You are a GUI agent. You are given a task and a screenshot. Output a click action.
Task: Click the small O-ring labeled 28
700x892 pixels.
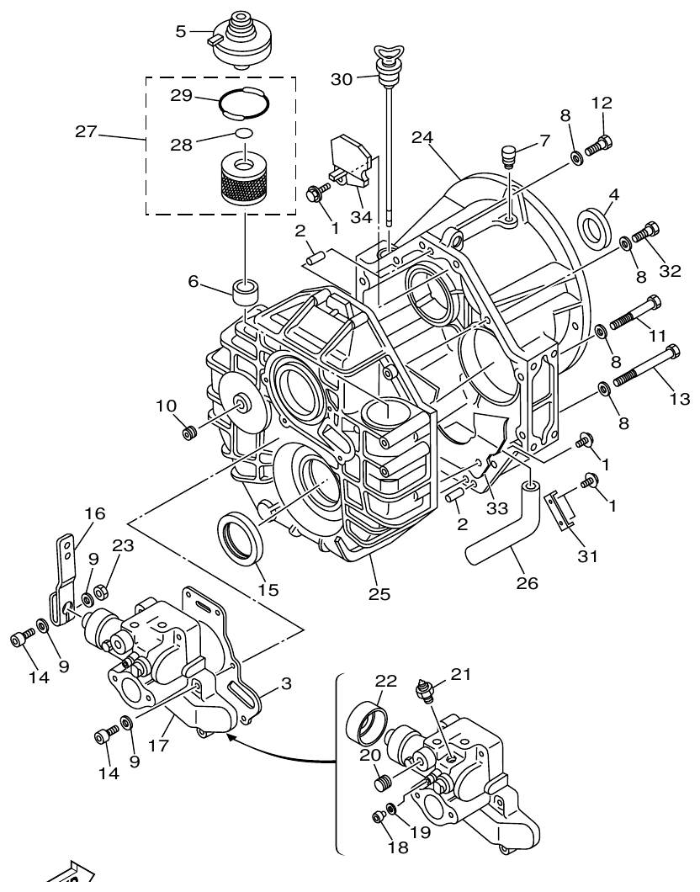[242, 133]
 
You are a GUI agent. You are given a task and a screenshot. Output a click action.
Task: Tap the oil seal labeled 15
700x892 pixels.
[241, 535]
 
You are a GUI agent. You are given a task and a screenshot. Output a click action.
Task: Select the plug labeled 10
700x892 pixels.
[189, 433]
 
